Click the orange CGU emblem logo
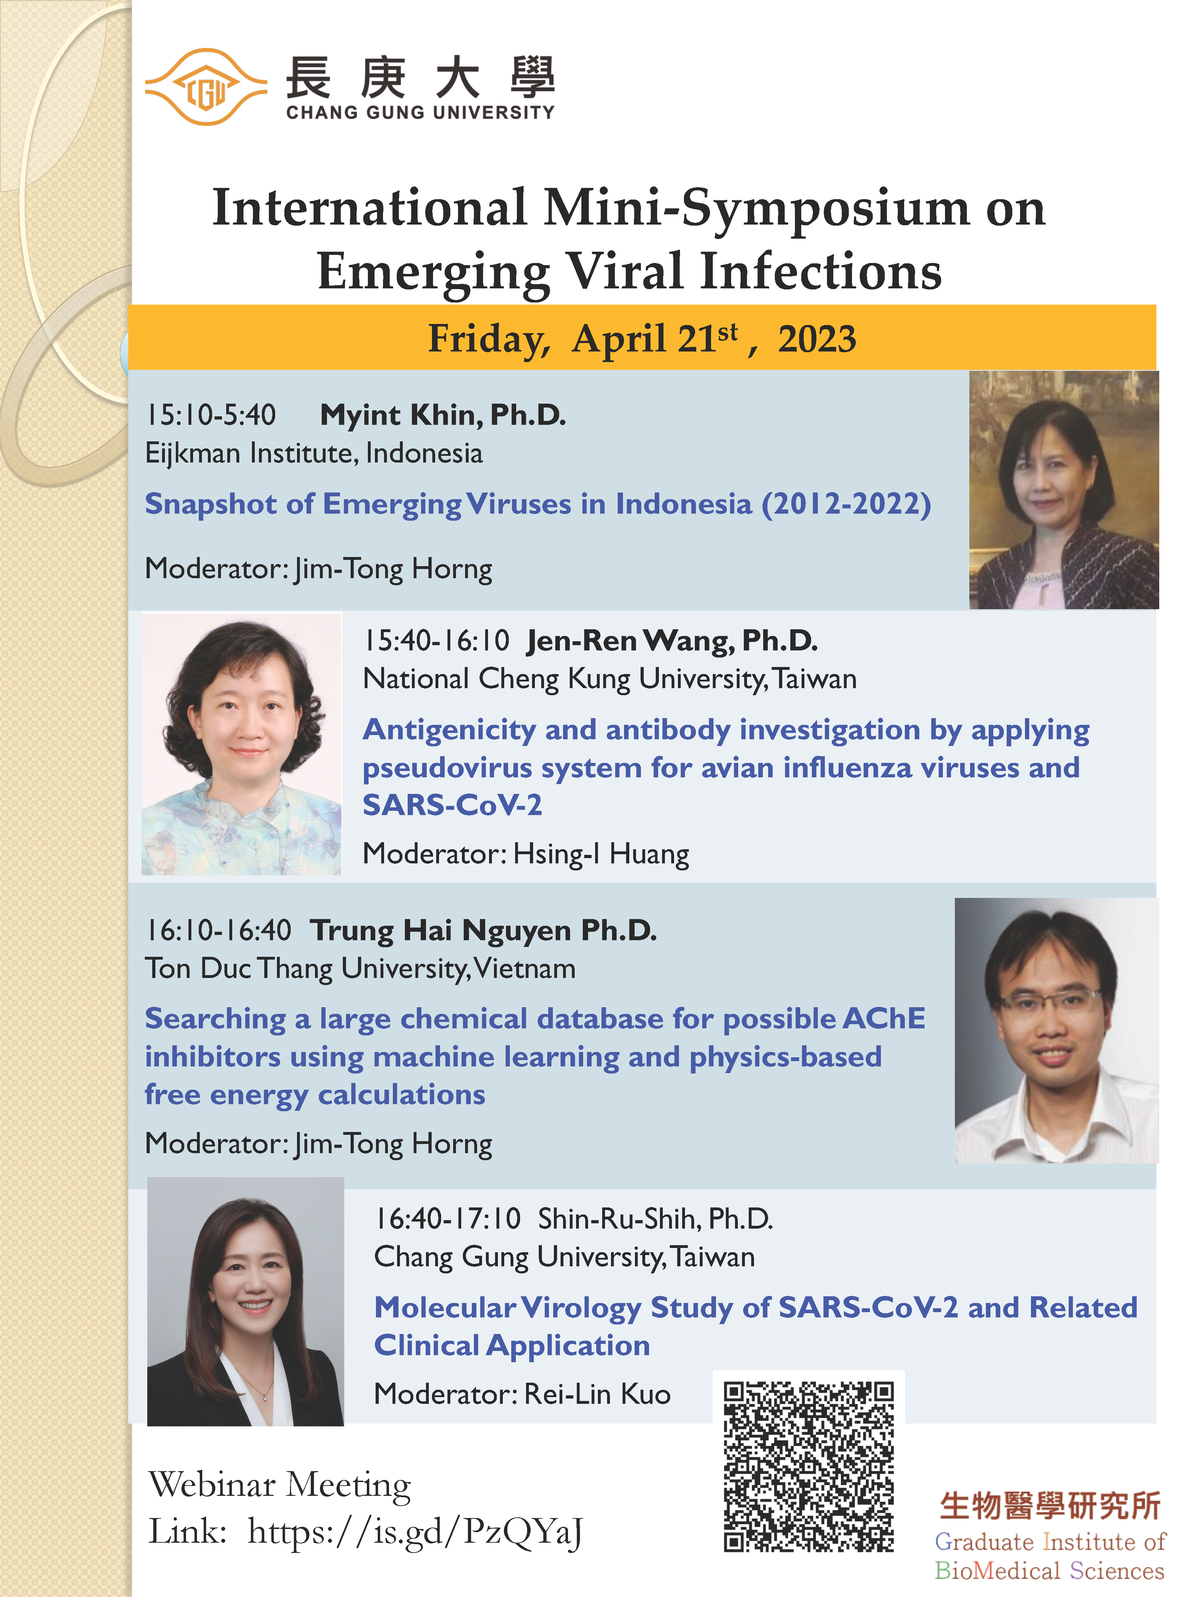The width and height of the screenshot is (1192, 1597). point(206,87)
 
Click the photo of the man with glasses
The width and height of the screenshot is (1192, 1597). point(1056,1030)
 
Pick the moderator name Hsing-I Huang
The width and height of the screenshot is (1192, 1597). point(601,854)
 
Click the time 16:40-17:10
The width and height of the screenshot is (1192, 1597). point(447,1219)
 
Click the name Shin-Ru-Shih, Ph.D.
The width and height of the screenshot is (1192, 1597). point(655,1219)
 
